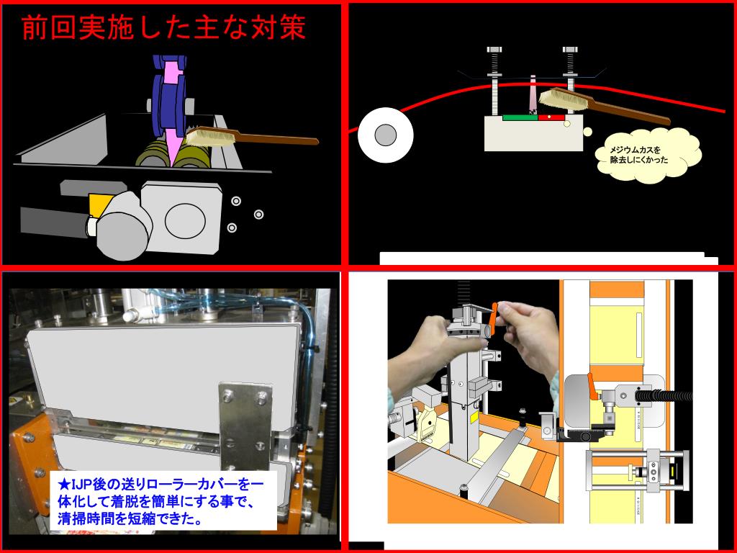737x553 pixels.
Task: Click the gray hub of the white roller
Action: point(386,135)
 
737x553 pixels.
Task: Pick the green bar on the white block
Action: point(520,117)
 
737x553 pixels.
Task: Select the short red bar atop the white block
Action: point(550,117)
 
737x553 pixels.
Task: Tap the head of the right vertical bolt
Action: point(569,50)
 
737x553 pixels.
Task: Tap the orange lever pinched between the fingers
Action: point(494,313)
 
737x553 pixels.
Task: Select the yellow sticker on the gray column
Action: point(474,418)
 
